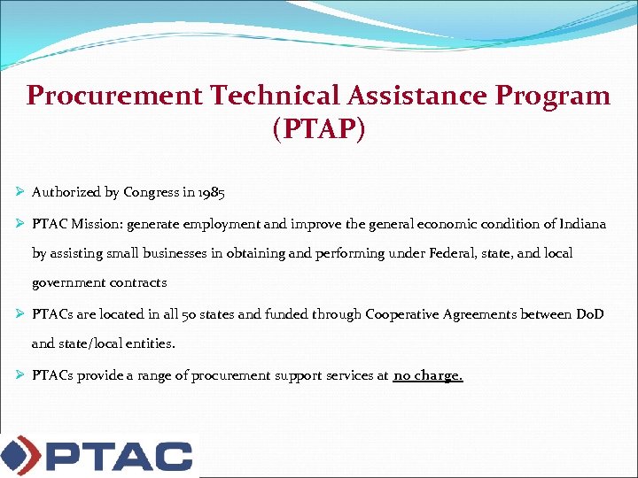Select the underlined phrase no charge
coord(428,375)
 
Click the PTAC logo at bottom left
coord(97,456)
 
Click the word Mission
coord(95,224)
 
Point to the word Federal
coord(480,253)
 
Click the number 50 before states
coord(188,314)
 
